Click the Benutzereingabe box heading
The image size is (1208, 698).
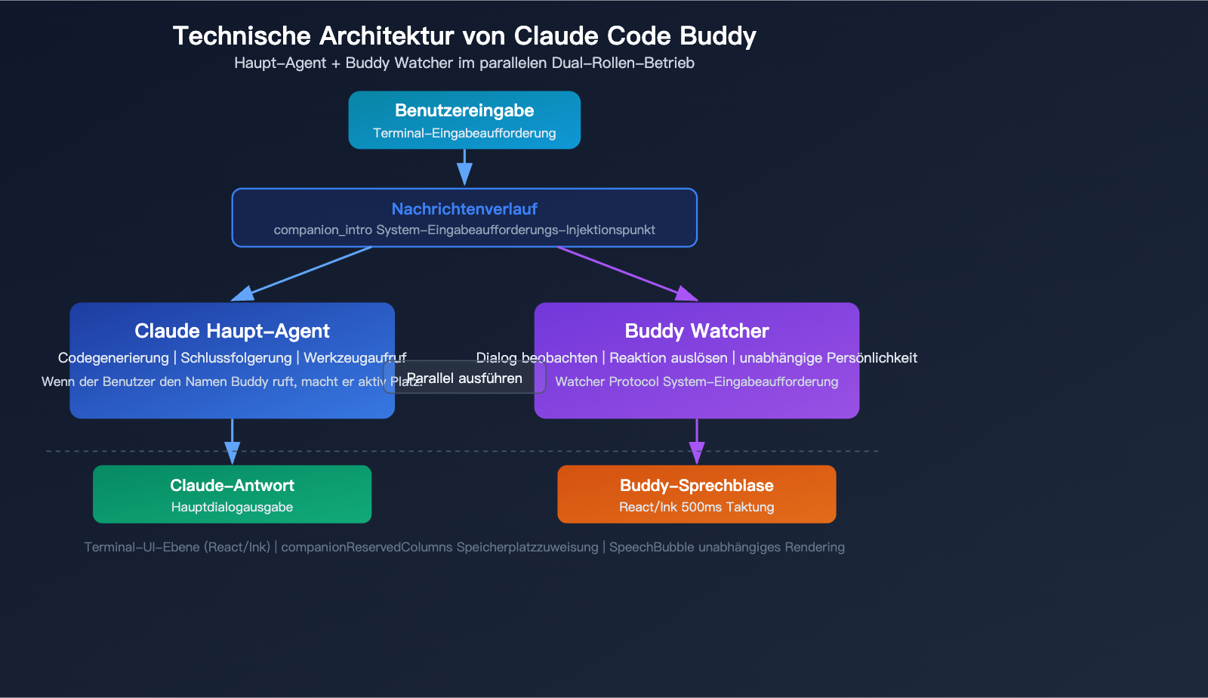[x=464, y=110]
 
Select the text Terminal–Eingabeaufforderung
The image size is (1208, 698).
[x=464, y=133]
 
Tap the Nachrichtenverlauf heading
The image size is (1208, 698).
[x=464, y=208]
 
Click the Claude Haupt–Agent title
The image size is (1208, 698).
[x=232, y=331]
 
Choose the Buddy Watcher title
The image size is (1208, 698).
[x=696, y=331]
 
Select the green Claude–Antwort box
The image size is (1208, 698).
[x=232, y=494]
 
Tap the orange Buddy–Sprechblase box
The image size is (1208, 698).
[x=696, y=494]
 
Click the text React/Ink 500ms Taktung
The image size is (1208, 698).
[x=696, y=507]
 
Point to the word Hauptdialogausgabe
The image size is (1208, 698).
[x=232, y=507]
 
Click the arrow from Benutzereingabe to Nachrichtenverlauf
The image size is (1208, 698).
[x=464, y=166]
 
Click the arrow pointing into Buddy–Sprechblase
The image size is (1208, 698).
[x=696, y=442]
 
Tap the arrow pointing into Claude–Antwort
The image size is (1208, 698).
[x=232, y=442]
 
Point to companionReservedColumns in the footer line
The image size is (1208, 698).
[x=355, y=547]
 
